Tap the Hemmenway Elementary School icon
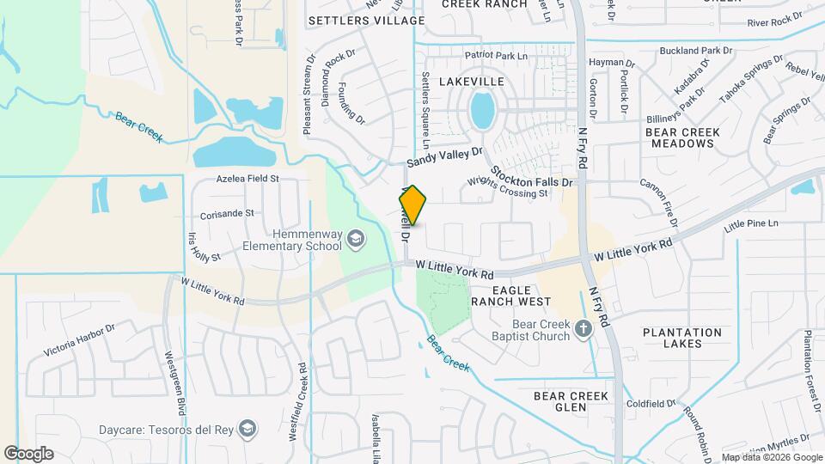[x=353, y=237]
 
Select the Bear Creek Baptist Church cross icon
[x=584, y=329]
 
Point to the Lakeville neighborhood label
[x=472, y=81]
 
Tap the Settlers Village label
[x=366, y=20]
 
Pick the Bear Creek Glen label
[x=571, y=401]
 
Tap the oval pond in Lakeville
[x=482, y=111]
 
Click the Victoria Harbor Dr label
[x=79, y=340]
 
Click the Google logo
[x=29, y=453]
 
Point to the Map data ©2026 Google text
[x=770, y=457]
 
